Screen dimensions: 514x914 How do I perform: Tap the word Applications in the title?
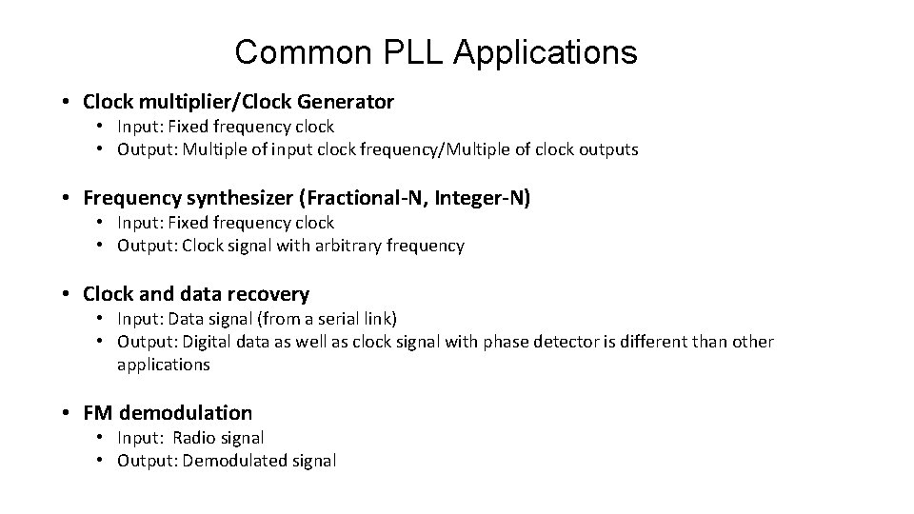(x=546, y=54)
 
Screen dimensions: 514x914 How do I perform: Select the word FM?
(x=97, y=413)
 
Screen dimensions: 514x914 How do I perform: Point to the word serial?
(x=340, y=318)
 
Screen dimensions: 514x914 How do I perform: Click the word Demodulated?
(x=228, y=461)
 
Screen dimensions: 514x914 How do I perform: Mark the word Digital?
(x=206, y=342)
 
